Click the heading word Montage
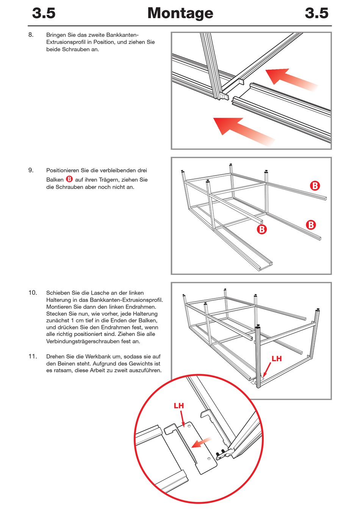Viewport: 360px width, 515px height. pyautogui.click(x=180, y=13)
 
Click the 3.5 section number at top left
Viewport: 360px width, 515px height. pyautogui.click(x=44, y=13)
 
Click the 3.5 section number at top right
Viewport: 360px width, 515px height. pyautogui.click(x=316, y=13)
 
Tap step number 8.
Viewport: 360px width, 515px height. pyautogui.click(x=31, y=35)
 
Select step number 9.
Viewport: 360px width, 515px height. pyautogui.click(x=31, y=170)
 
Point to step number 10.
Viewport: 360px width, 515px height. pyautogui.click(x=33, y=293)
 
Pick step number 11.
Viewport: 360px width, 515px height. pyautogui.click(x=33, y=356)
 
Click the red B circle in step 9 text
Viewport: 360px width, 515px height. pyautogui.click(x=69, y=179)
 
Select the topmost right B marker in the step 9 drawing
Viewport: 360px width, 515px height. pyautogui.click(x=315, y=186)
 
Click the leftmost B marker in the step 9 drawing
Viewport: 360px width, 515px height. pyautogui.click(x=261, y=229)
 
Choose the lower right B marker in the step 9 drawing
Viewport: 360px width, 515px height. pyautogui.click(x=311, y=225)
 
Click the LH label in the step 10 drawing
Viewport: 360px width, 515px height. pyautogui.click(x=277, y=359)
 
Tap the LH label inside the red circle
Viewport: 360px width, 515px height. pyautogui.click(x=179, y=406)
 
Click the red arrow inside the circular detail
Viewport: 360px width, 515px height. pyautogui.click(x=202, y=442)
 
